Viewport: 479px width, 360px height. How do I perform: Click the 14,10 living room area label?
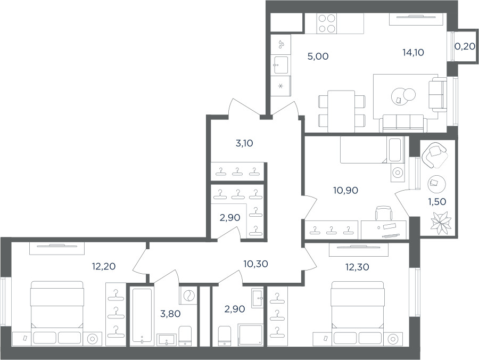click(413, 53)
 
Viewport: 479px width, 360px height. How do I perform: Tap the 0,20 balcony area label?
click(465, 46)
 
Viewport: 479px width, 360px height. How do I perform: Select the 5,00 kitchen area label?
click(318, 56)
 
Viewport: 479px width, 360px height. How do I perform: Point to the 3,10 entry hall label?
click(244, 143)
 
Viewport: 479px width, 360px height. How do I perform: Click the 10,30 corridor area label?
click(255, 264)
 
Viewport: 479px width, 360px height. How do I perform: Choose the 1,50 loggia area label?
click(437, 202)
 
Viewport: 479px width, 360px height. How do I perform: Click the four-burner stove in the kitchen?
click(327, 23)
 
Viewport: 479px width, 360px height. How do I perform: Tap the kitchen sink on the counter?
click(281, 65)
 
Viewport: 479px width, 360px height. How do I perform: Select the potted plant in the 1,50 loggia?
click(441, 224)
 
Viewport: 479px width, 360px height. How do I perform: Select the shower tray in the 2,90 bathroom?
click(251, 335)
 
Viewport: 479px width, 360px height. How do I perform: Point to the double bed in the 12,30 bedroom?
click(357, 313)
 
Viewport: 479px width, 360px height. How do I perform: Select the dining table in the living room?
click(341, 111)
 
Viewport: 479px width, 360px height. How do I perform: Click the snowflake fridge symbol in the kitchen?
click(280, 86)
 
